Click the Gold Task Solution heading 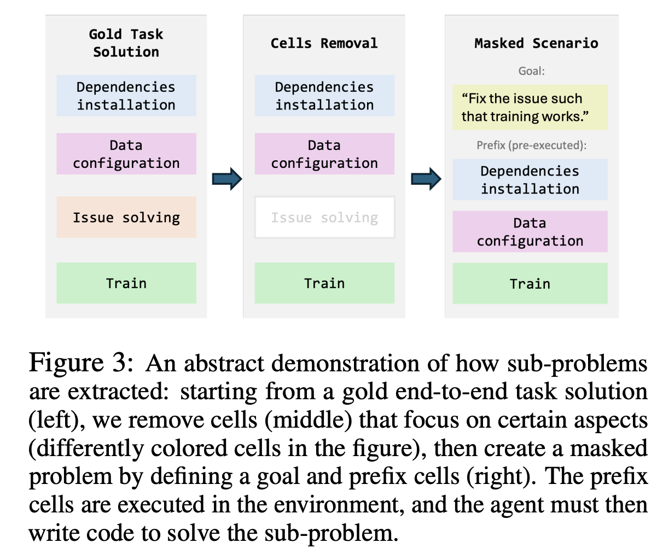[126, 43]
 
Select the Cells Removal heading [324, 43]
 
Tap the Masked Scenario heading [536, 43]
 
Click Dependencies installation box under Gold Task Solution [126, 96]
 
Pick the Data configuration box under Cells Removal [324, 154]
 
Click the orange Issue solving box [126, 217]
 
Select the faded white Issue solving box [324, 217]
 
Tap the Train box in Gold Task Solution [126, 283]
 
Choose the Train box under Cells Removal [324, 283]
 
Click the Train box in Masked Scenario [530, 283]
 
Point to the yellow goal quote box [530, 107]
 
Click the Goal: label [531, 71]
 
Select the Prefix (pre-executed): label [531, 145]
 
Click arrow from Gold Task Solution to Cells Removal [227, 179]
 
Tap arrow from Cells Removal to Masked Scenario [426, 179]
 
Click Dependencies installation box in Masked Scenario [530, 180]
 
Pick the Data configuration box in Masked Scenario [530, 231]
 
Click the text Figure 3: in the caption [81, 363]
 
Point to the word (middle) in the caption [309, 419]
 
